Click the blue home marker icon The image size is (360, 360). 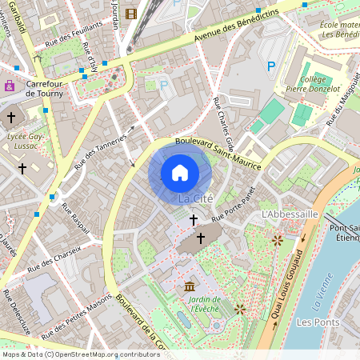click(x=180, y=173)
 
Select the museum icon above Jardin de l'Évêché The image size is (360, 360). click(x=189, y=286)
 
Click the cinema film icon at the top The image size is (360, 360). click(x=131, y=13)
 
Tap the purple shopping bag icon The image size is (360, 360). click(x=10, y=86)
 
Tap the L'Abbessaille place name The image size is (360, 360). click(x=290, y=215)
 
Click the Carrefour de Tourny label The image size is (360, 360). click(x=50, y=88)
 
